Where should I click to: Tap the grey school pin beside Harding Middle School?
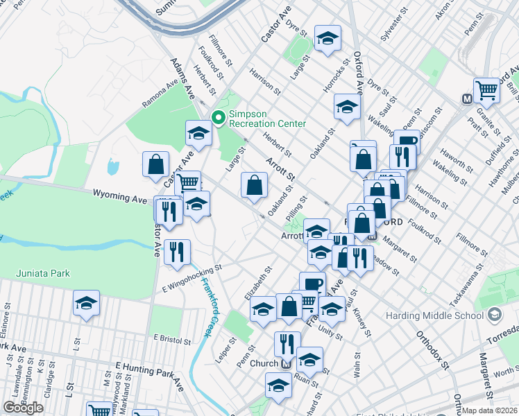point(494,316)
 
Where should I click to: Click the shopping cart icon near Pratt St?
point(487,89)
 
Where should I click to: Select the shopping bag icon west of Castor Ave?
point(155,164)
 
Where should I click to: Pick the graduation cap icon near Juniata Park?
point(86,302)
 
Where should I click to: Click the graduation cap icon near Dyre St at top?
point(327,37)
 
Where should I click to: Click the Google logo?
point(23,408)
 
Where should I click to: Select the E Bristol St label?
point(172,341)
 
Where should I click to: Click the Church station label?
point(264,363)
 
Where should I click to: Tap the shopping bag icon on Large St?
point(255,184)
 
